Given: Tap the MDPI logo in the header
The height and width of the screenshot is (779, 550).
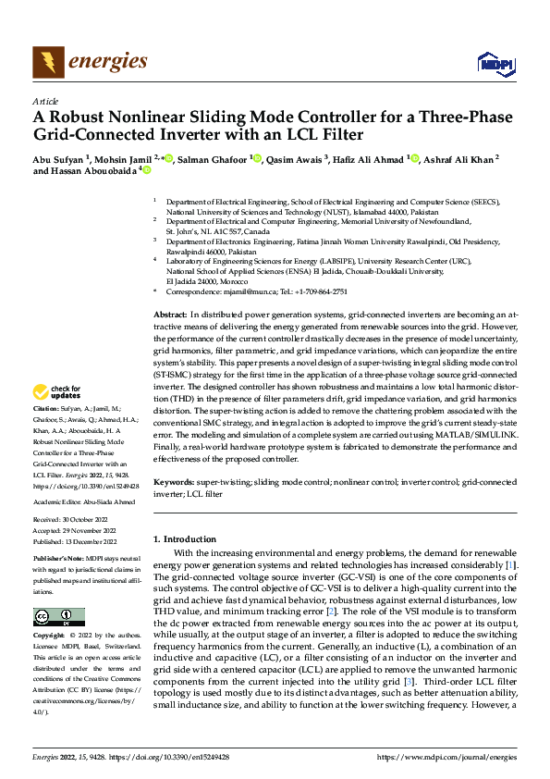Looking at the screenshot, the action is [x=495, y=63].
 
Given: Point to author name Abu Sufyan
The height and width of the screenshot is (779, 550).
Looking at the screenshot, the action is [x=57, y=159].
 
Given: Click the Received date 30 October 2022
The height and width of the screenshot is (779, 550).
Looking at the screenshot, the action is [x=89, y=521].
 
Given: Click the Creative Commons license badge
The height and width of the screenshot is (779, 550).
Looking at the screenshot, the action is [x=58, y=617].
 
